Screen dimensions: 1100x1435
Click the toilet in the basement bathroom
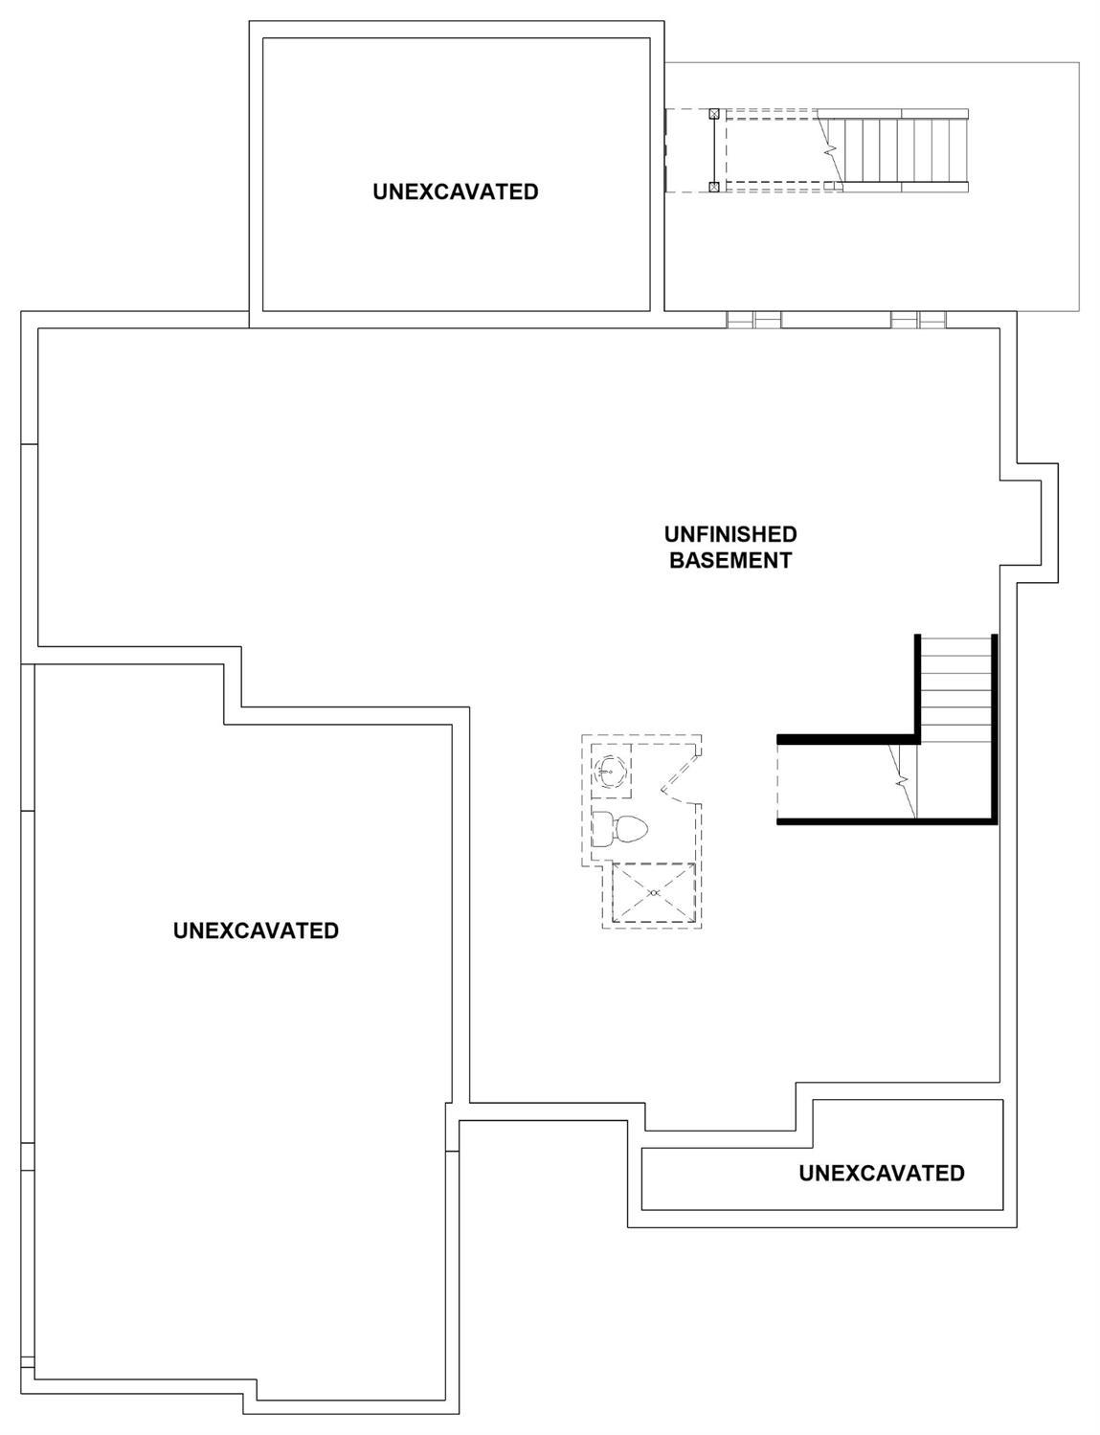618,829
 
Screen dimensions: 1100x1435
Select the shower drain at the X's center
654,893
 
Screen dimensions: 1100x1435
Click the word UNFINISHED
730,534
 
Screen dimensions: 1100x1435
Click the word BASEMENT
730,561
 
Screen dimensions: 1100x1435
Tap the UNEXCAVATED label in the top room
456,191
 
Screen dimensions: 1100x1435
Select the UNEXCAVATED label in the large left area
257,931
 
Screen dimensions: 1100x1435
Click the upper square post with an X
714,114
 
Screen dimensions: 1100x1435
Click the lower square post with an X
714,187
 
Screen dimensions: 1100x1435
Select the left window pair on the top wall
754,320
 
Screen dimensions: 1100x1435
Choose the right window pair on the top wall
918,320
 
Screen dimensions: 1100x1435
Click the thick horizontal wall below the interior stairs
887,822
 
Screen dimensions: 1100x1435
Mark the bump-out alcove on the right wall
1029,523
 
